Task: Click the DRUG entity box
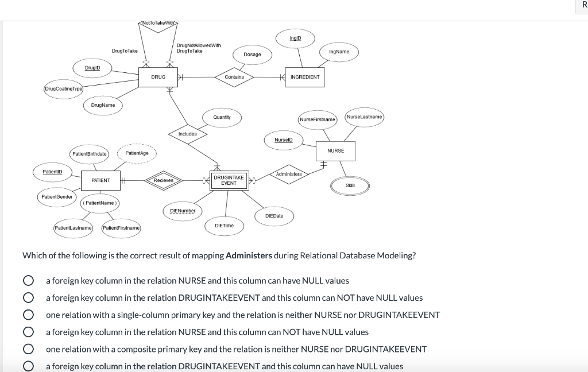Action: pyautogui.click(x=158, y=77)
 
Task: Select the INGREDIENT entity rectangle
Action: pyautogui.click(x=305, y=77)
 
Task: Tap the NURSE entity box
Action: pyautogui.click(x=335, y=150)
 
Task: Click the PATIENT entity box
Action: pyautogui.click(x=100, y=180)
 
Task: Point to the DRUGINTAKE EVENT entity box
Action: pyautogui.click(x=229, y=180)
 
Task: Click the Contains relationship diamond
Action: pyautogui.click(x=234, y=77)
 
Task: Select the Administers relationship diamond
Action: pyautogui.click(x=289, y=174)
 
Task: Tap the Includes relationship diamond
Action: pyautogui.click(x=188, y=134)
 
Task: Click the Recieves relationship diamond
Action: pyautogui.click(x=164, y=180)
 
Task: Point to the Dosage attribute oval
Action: pyautogui.click(x=252, y=55)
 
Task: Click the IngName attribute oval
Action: pyautogui.click(x=339, y=52)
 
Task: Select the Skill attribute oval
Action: pyautogui.click(x=350, y=185)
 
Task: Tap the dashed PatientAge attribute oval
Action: pyautogui.click(x=137, y=153)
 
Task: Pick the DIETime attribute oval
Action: pyautogui.click(x=224, y=226)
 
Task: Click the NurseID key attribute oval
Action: pyautogui.click(x=284, y=139)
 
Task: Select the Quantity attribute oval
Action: pyautogui.click(x=222, y=118)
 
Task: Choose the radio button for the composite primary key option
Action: pyautogui.click(x=27, y=349)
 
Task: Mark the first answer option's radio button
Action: pyautogui.click(x=27, y=281)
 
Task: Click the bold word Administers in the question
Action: pyautogui.click(x=249, y=255)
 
